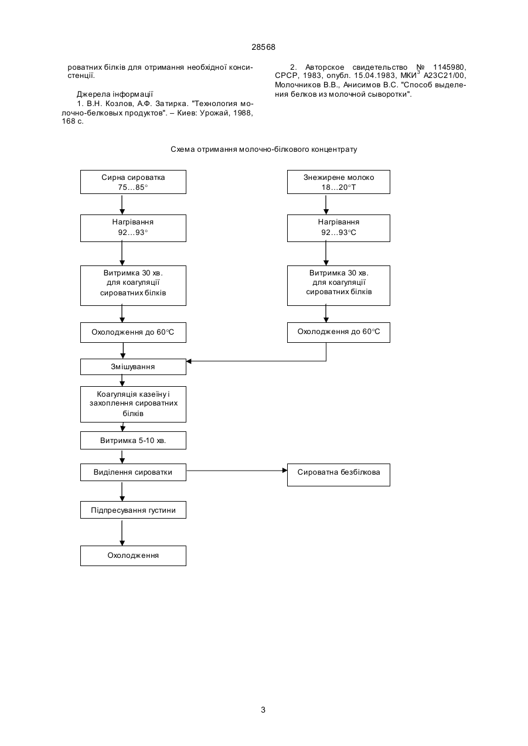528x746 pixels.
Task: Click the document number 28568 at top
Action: tap(263, 47)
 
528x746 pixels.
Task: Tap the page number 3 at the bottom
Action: tap(263, 710)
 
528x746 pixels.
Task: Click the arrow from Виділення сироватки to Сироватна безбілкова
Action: tap(237, 471)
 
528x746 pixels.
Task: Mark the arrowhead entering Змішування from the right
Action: tap(189, 362)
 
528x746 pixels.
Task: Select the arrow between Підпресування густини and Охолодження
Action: tap(122, 532)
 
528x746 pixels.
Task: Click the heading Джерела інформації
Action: tap(115, 94)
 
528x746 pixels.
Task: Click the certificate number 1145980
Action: tap(449, 67)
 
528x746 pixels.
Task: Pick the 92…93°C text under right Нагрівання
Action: tap(339, 233)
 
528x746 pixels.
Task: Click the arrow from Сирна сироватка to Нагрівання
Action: tap(122, 204)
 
